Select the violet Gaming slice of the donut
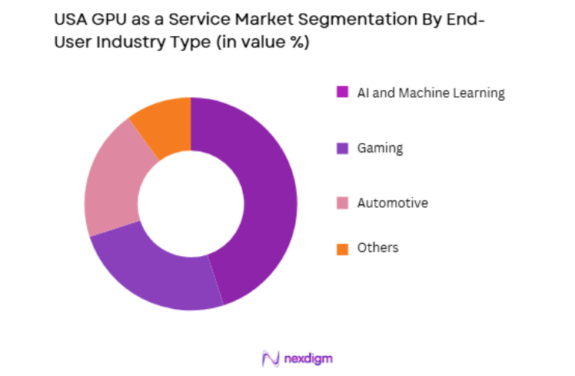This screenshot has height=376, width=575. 158,273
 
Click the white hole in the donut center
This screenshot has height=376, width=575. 191,204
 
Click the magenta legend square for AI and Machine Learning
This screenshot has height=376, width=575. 342,93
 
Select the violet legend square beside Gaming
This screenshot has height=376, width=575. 342,148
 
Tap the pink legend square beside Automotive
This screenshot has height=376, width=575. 342,203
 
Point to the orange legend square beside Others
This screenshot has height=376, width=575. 342,248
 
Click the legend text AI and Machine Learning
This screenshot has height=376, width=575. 430,93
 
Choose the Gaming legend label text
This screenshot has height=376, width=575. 380,148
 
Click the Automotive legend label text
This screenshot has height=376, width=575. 392,203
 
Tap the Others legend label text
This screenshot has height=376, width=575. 377,248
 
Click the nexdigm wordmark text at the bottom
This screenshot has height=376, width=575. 307,358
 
